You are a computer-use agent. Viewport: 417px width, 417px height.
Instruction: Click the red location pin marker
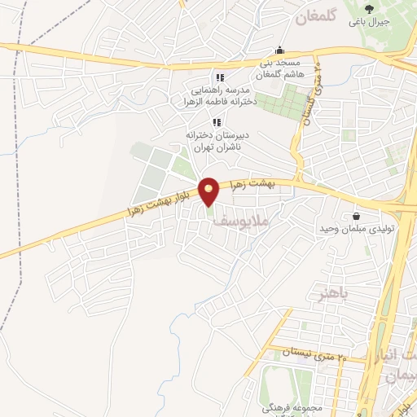(209, 191)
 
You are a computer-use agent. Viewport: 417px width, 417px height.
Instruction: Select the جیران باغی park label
(370, 21)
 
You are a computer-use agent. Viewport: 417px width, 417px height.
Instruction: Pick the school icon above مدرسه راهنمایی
(220, 78)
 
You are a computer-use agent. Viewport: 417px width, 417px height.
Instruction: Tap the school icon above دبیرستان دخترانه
(217, 121)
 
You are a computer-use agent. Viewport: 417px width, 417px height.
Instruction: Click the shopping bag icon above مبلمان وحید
(357, 216)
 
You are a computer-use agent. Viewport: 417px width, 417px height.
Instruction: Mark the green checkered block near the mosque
(276, 102)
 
